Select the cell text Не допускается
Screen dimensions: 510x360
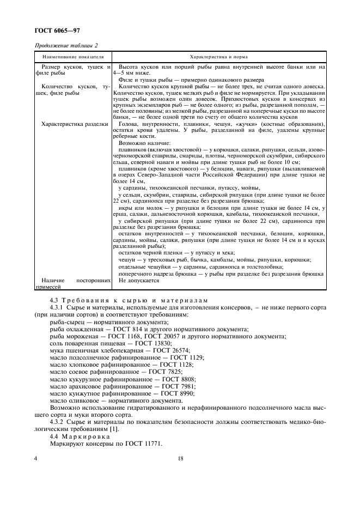click(x=138, y=280)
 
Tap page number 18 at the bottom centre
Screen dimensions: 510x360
click(x=180, y=459)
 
